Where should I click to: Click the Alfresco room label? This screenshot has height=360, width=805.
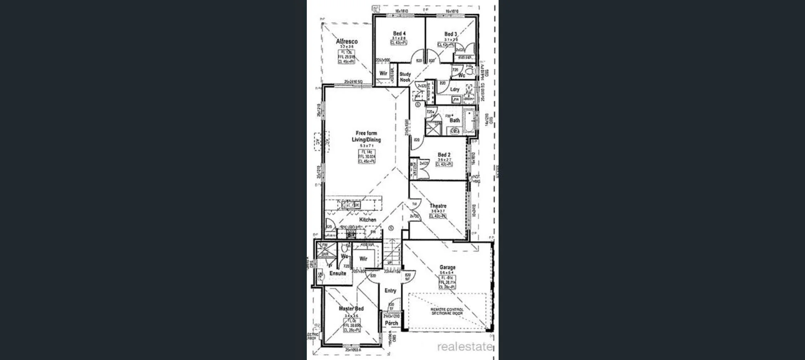347,41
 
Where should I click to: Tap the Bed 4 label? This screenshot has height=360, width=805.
399,34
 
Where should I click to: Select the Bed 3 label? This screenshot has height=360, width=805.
451,34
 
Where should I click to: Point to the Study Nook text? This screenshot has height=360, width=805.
405,77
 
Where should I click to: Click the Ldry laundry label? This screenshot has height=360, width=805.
455,89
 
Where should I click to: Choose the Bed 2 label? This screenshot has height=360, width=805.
444,155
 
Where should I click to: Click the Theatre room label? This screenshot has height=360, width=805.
438,206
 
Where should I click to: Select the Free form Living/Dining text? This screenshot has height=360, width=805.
366,136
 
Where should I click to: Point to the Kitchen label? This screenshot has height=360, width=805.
368,220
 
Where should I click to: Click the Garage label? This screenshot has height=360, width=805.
447,267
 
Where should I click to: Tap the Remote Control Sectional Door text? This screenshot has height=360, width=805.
447,311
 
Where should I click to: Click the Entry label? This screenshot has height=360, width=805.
390,290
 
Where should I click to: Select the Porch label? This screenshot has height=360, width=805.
391,323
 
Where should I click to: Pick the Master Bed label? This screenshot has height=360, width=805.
351,308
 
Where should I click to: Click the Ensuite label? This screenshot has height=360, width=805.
338,273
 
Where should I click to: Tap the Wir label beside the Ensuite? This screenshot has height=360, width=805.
363,259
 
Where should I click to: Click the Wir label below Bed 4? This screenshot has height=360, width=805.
383,73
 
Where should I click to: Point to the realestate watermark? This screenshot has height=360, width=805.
465,347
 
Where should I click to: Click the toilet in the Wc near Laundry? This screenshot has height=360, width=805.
471,72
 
